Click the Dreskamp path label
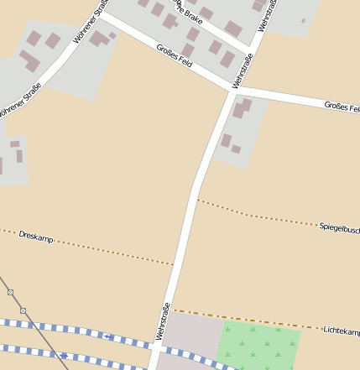pos(35,237)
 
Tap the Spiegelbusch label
pos(339,227)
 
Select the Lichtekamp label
pos(341,331)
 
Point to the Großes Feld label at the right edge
pos(342,107)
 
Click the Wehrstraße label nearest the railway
pos(163,320)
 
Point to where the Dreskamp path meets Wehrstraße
pos(175,265)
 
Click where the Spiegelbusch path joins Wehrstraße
pos(196,199)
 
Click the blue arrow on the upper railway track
pos(108,336)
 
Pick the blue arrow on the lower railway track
pos(63,355)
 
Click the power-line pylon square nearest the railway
pos(23,310)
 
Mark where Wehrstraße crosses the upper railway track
pos(154,344)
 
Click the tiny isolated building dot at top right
pos(303,21)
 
